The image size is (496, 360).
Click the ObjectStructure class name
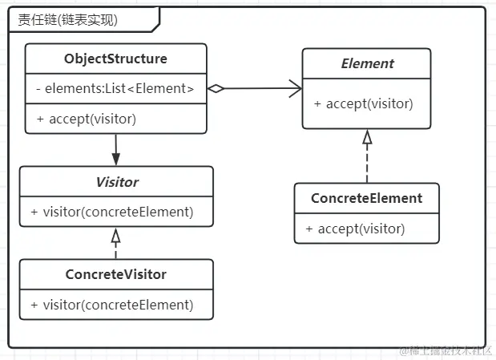115,59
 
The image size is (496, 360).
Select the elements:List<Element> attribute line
115,89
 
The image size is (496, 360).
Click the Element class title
367,63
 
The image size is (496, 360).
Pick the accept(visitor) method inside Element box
364,103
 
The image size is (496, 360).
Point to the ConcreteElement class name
367,198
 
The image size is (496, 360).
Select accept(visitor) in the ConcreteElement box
355,229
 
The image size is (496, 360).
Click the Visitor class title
116,182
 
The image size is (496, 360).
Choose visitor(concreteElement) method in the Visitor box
112,212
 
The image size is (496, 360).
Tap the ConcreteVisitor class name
116,274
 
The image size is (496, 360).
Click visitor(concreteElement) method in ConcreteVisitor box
112,304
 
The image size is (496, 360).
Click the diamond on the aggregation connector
216,89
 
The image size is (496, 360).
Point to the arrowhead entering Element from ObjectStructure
296,89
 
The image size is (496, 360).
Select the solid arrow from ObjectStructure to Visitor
116,148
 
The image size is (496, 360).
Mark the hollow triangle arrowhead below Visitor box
116,235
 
